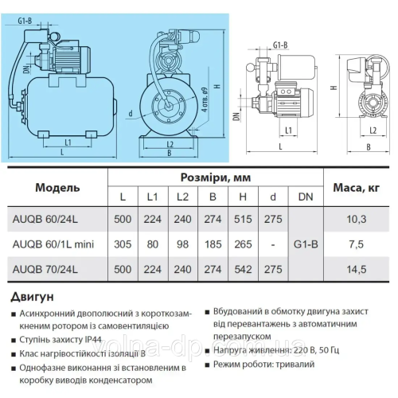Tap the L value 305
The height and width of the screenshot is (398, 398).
point(121,243)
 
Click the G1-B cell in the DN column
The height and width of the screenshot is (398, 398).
point(306,243)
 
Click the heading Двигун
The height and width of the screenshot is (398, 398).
point(33,298)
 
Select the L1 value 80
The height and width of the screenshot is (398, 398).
point(150,243)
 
